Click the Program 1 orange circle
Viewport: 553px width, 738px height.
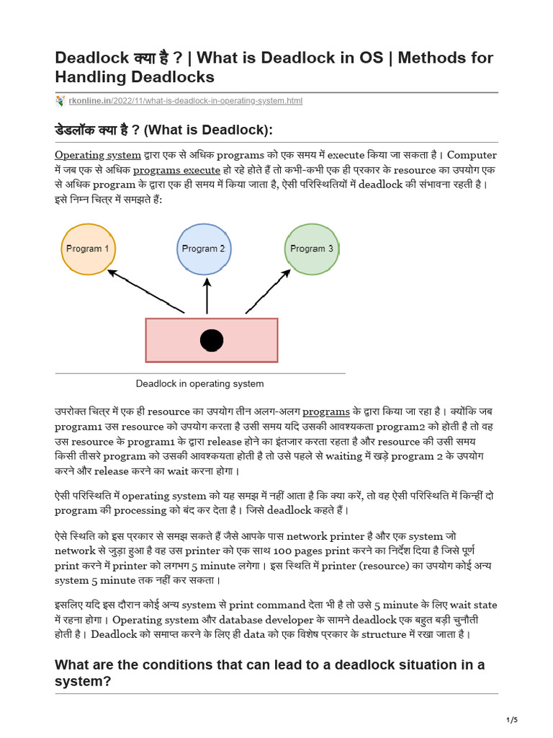[x=88, y=249]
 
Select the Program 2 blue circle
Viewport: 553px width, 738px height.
[x=203, y=249]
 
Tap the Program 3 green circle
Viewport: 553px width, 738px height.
[x=311, y=249]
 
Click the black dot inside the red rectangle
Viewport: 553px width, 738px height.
[x=212, y=340]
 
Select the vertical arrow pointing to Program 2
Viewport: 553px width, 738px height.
[x=207, y=296]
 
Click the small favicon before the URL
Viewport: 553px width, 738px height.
[x=60, y=101]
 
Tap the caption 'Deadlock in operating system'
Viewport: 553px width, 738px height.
[x=199, y=384]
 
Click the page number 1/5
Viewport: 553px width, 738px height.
[x=512, y=720]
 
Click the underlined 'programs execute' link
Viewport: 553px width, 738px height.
[x=176, y=170]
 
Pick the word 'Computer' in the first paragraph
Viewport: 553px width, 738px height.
[x=472, y=155]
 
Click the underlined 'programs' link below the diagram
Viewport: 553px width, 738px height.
[x=325, y=412]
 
